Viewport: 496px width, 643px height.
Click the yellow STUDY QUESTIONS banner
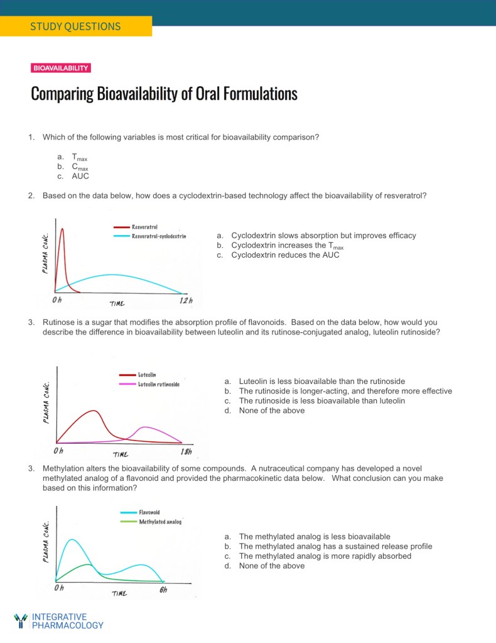75,26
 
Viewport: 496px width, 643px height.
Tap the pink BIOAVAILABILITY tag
61,68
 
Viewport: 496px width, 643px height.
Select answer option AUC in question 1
80,176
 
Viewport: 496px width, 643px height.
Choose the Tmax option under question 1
79,157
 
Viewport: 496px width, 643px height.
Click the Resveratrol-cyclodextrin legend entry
158,236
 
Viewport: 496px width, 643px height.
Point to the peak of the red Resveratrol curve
62,229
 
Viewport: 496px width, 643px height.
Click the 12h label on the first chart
186,300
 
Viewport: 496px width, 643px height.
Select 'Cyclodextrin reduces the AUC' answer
285,255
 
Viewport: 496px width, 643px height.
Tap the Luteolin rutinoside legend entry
158,384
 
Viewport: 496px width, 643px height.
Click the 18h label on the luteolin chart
185,451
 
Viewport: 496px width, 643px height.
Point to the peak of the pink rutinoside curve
144,427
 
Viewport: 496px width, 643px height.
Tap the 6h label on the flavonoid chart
163,590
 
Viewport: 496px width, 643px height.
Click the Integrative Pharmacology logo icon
21,620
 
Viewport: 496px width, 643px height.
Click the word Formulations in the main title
256,94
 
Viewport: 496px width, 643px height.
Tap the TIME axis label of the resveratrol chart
117,304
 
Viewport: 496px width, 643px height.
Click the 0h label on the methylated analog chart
59,588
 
